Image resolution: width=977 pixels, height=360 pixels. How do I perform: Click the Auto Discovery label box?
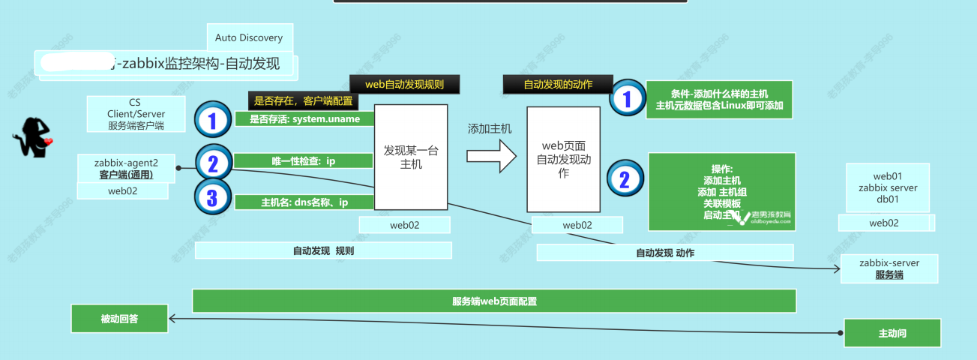coord(249,37)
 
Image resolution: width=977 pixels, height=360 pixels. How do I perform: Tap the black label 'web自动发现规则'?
coord(405,84)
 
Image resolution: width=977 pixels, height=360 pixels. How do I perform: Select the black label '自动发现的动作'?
coord(558,85)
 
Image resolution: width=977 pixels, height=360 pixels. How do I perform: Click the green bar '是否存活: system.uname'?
coord(304,119)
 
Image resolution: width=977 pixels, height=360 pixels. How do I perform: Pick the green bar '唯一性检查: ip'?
coord(304,160)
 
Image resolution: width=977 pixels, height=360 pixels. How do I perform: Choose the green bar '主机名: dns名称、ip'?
coord(304,202)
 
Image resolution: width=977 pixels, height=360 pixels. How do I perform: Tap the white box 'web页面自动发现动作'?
coord(563,158)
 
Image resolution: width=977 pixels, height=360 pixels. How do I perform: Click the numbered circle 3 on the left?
coord(212,198)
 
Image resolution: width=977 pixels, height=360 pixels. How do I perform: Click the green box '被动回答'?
coord(119,319)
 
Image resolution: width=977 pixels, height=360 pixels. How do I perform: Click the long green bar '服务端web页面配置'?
coord(493,301)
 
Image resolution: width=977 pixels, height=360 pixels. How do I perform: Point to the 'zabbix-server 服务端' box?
coord(889,268)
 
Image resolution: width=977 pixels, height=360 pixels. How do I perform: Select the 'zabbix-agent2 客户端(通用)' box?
coord(126,167)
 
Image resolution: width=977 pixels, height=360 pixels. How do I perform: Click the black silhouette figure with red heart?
coord(33,137)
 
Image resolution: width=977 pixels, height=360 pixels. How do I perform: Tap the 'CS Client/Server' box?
coord(136,114)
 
